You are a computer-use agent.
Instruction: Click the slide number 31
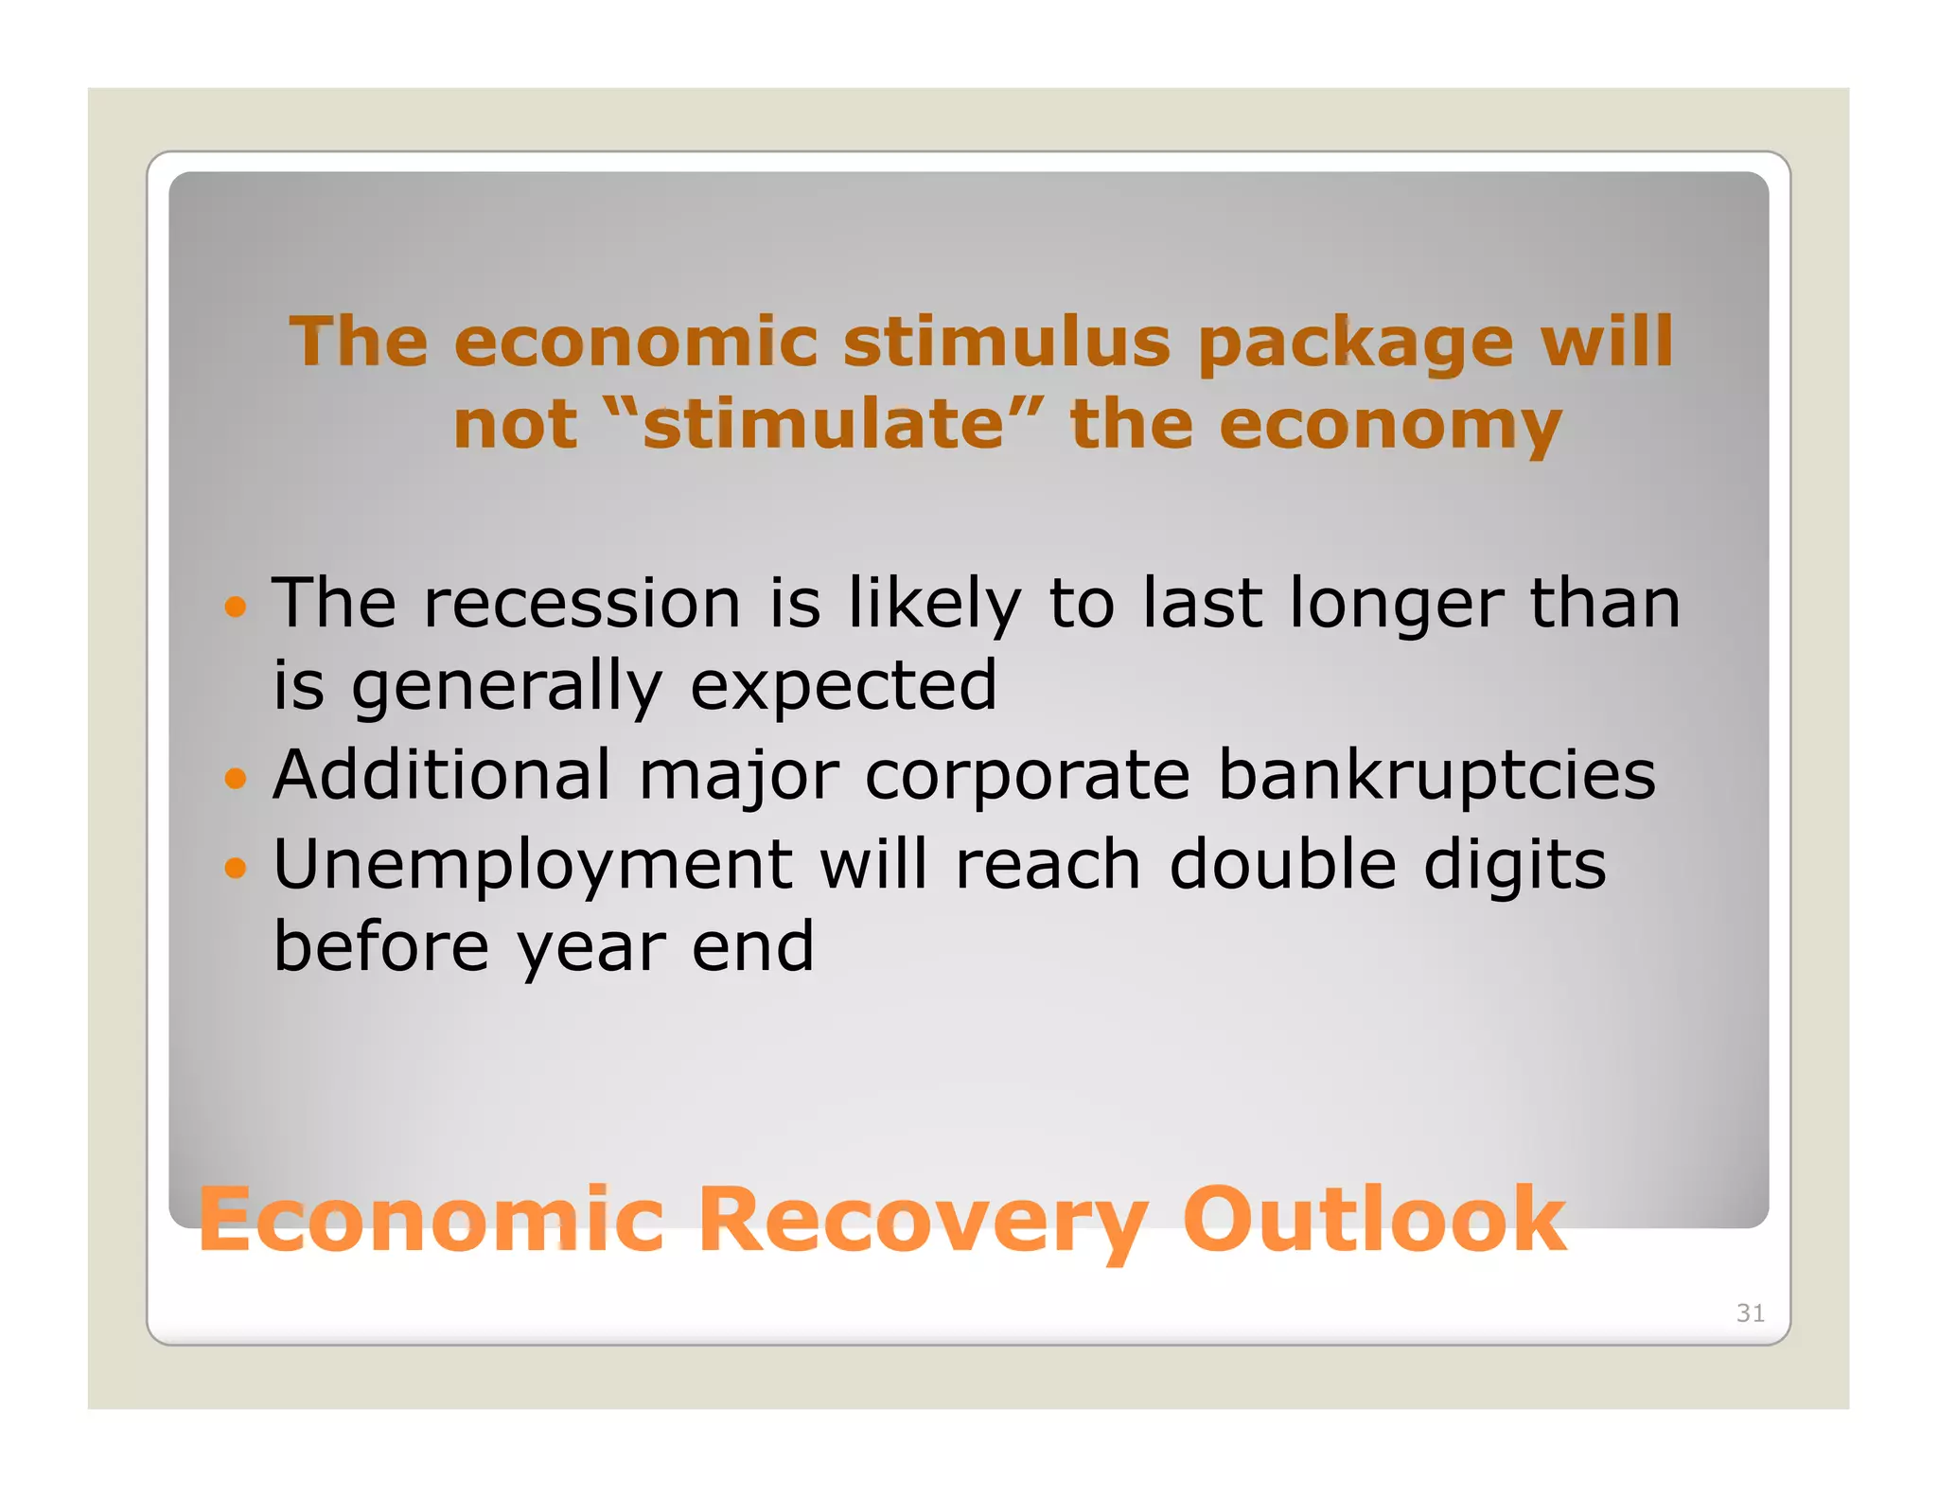point(1750,1312)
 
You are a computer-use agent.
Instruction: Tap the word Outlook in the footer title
point(1373,1221)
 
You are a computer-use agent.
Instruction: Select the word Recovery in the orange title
point(923,1223)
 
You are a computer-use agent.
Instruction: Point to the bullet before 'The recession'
point(236,606)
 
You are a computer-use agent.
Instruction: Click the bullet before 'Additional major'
point(236,779)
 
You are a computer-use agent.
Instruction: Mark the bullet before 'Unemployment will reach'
point(236,867)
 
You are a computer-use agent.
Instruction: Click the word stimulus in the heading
point(1006,342)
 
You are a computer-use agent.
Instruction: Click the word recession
point(581,604)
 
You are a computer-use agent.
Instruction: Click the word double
point(1282,865)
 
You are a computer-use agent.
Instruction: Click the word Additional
point(442,775)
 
